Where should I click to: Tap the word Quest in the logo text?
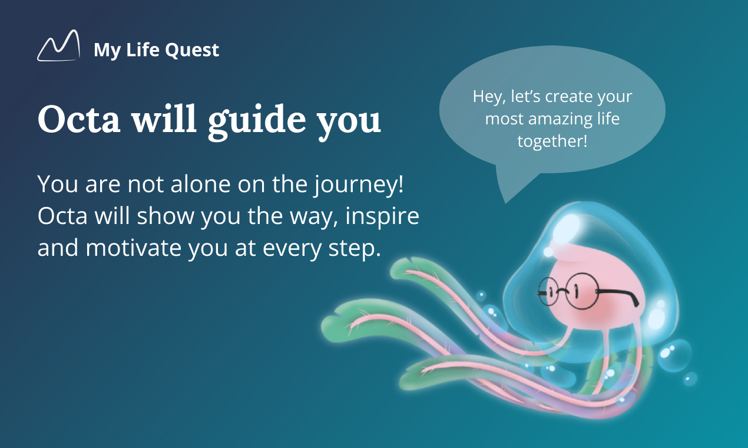(x=192, y=50)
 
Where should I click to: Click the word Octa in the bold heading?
(x=79, y=119)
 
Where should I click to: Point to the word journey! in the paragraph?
(x=359, y=185)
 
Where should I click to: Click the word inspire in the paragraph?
(x=382, y=217)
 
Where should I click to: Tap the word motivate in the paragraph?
(x=133, y=248)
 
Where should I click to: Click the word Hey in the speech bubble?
(x=488, y=97)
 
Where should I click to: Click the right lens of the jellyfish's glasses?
(x=581, y=291)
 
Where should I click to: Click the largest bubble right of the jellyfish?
(x=674, y=355)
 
